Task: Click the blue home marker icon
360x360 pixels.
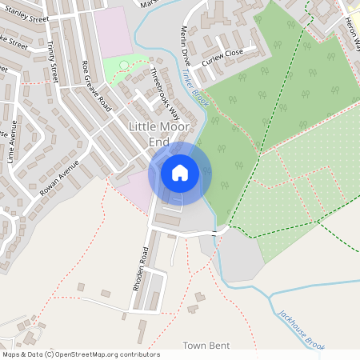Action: click(180, 172)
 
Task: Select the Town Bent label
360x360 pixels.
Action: click(206, 346)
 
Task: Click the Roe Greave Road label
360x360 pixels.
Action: click(96, 86)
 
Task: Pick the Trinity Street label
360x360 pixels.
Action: click(54, 62)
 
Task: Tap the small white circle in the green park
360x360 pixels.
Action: click(124, 65)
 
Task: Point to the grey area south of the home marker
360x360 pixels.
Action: click(240, 256)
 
